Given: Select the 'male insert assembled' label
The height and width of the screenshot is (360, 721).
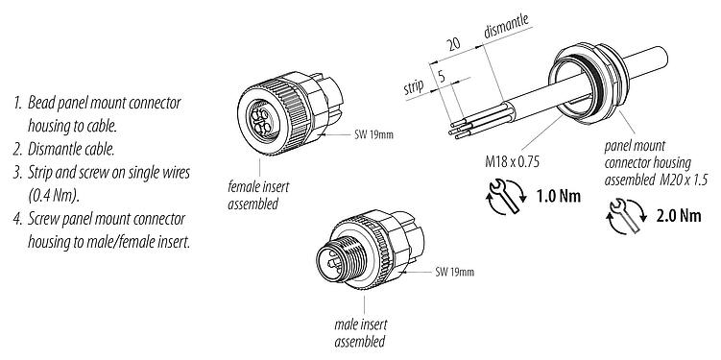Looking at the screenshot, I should [x=359, y=334].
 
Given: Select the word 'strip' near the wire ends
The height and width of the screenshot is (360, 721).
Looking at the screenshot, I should [x=414, y=91].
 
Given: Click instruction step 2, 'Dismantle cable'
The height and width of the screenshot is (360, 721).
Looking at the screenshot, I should [x=68, y=149].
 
